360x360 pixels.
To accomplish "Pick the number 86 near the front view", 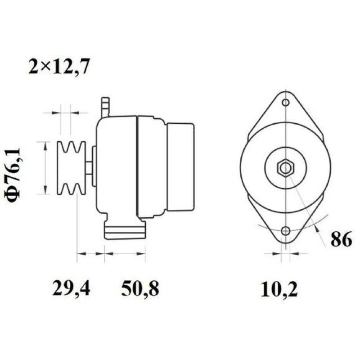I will pyautogui.click(x=341, y=240).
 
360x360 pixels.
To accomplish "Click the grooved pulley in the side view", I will pyautogui.click(x=71, y=168).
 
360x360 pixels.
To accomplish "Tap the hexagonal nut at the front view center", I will pyautogui.click(x=285, y=168).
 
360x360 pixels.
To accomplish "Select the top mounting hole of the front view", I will pyautogui.click(x=285, y=103).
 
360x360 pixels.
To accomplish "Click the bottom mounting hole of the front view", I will pyautogui.click(x=285, y=231).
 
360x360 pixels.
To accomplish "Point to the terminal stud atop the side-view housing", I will pyautogui.click(x=105, y=107).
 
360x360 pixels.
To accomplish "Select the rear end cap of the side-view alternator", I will pyautogui.click(x=180, y=167).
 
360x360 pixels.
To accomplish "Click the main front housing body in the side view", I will pyautogui.click(x=116, y=166).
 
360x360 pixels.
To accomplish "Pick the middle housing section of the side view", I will pyautogui.click(x=152, y=166).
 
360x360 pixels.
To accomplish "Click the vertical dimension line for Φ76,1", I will pyautogui.click(x=45, y=168).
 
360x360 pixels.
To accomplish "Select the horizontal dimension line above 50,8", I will pyautogui.click(x=125, y=254).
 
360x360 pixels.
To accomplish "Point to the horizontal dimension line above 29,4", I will pyautogui.click(x=90, y=254).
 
